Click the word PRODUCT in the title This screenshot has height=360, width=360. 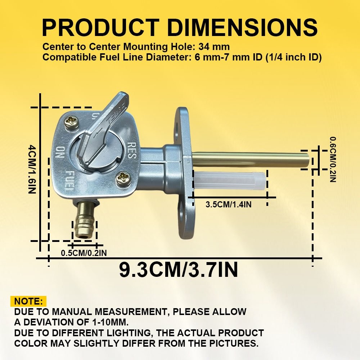pyautogui.click(x=100, y=28)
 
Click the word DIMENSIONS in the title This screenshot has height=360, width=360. pyautogui.click(x=242, y=28)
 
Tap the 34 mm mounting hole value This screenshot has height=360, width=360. pyautogui.click(x=214, y=47)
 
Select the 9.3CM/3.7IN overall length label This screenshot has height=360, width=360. pyautogui.click(x=179, y=270)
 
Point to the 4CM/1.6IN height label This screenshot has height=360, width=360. pyautogui.click(x=32, y=169)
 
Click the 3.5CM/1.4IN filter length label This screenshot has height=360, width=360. pyautogui.click(x=229, y=204)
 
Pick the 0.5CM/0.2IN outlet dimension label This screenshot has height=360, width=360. pyautogui.click(x=84, y=253)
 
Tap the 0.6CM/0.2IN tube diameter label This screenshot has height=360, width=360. pyautogui.click(x=333, y=159)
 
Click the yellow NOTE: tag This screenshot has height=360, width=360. pyautogui.click(x=28, y=301)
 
